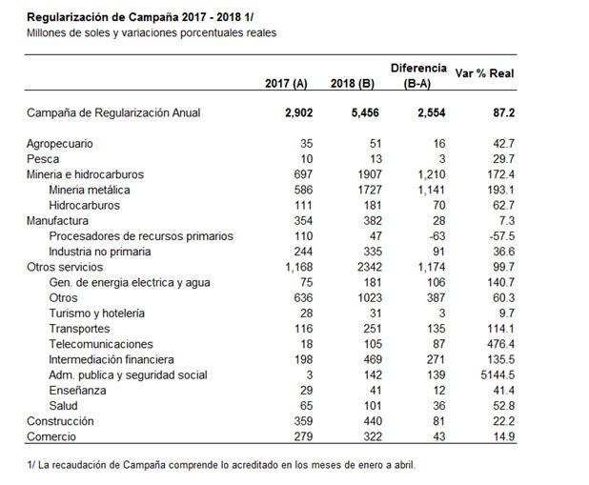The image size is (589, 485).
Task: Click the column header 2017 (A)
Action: coord(287,82)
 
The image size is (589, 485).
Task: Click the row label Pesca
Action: coord(44,159)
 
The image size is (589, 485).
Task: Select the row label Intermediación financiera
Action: coord(112,360)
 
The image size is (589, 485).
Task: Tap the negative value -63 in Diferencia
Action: coord(435,236)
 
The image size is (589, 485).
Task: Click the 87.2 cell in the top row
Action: coord(501,113)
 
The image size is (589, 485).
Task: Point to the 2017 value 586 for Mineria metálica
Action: coord(299,191)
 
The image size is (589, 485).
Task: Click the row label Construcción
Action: coord(61,421)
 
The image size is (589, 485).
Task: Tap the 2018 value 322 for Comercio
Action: coord(370,436)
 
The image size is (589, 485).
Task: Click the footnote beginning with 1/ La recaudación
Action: coord(221,465)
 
